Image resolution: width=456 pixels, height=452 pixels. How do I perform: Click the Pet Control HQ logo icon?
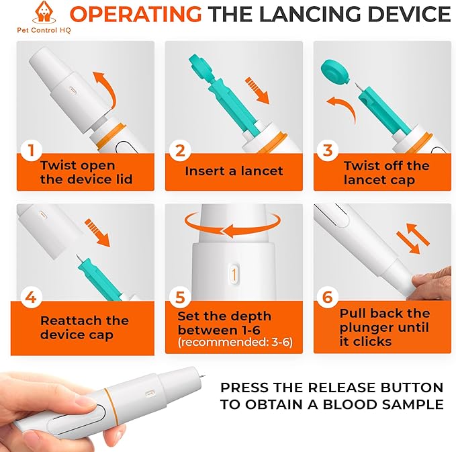(x=44, y=12)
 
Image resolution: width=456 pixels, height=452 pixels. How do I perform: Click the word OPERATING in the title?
(x=136, y=14)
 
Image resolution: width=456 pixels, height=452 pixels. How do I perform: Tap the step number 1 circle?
(x=32, y=150)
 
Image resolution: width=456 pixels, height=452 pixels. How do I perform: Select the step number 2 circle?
(x=180, y=150)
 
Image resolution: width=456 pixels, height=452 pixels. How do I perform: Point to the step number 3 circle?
(x=328, y=150)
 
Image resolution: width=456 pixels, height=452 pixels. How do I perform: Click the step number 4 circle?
(x=31, y=298)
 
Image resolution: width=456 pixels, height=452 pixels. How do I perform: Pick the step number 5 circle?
(x=180, y=298)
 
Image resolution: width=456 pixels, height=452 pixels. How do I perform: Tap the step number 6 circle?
(x=328, y=298)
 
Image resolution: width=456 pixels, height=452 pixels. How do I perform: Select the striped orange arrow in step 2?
(x=257, y=91)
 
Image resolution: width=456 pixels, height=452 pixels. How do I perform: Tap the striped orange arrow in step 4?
(x=97, y=233)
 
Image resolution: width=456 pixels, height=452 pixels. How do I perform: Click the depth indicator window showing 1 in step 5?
(x=234, y=274)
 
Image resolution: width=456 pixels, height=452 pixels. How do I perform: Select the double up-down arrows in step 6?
(x=413, y=238)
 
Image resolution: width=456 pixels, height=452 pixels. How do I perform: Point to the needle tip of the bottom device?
(x=204, y=376)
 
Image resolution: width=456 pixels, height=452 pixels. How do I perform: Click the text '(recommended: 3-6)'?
(x=235, y=342)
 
